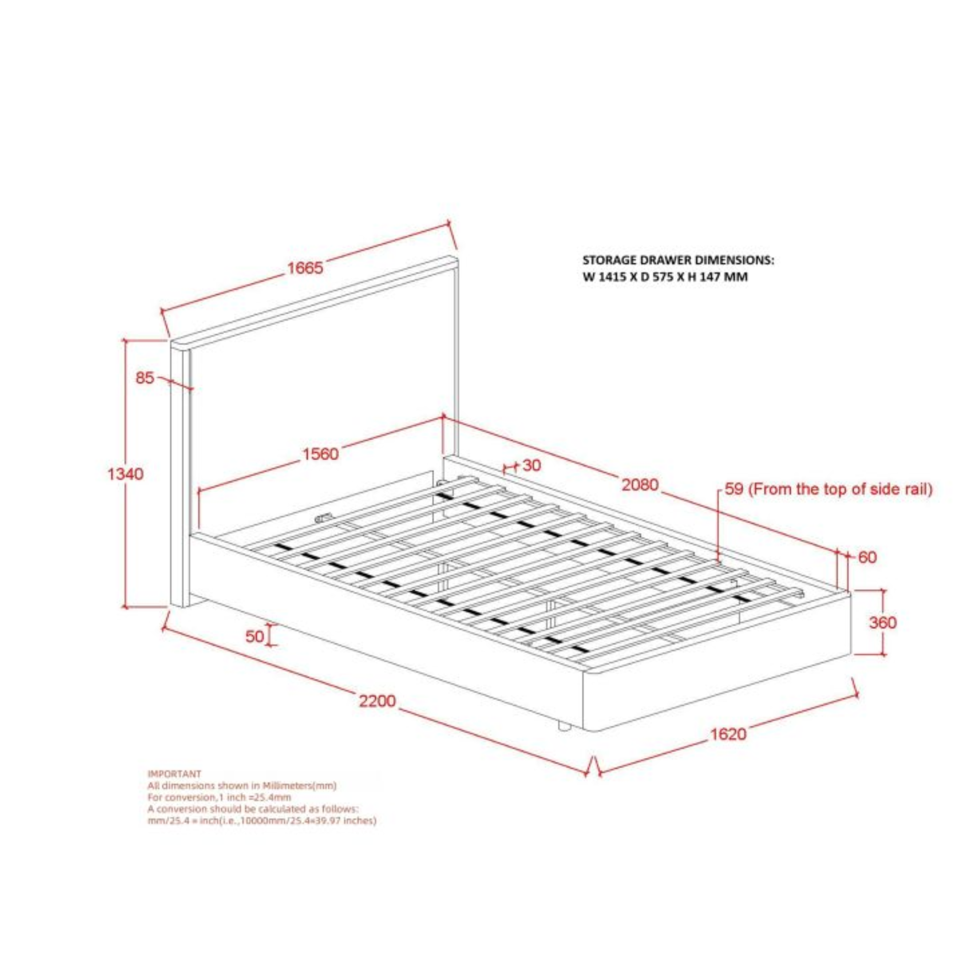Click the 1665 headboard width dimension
[305, 268]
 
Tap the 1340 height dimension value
[125, 474]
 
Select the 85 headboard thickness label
[144, 378]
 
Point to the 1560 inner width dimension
[320, 454]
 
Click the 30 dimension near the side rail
[531, 465]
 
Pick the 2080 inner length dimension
[640, 485]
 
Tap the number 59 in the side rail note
[733, 489]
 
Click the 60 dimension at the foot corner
[867, 557]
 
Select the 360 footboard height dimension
[882, 622]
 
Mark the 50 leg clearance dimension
[255, 636]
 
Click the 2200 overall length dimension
[377, 701]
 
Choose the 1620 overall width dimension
[728, 748]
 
